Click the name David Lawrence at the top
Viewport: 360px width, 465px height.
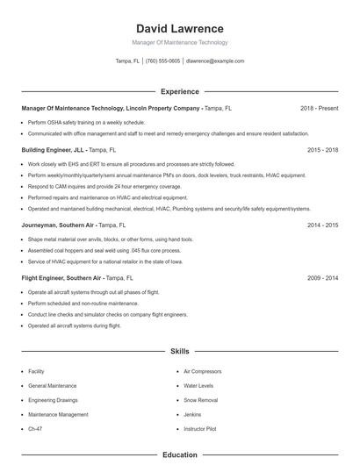pyautogui.click(x=179, y=29)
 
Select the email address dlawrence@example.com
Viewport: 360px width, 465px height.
pyautogui.click(x=215, y=61)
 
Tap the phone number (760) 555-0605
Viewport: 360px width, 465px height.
pyautogui.click(x=162, y=61)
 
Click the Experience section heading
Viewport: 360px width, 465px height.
pyautogui.click(x=179, y=91)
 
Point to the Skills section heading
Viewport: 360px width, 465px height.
pyautogui.click(x=179, y=351)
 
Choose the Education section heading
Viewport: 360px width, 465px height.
pyautogui.click(x=179, y=455)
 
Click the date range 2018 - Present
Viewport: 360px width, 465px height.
pyautogui.click(x=319, y=108)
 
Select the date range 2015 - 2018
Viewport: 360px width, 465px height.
pyautogui.click(x=322, y=150)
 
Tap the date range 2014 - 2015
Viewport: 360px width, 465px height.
pyautogui.click(x=322, y=225)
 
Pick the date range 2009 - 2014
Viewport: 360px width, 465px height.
pyautogui.click(x=322, y=277)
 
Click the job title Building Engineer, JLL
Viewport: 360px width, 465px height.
pyautogui.click(x=54, y=150)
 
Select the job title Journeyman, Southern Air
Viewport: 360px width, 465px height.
pyautogui.click(x=57, y=225)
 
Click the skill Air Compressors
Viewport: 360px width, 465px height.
pyautogui.click(x=202, y=372)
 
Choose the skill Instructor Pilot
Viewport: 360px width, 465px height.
pyautogui.click(x=200, y=429)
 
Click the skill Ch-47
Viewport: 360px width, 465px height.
pyautogui.click(x=35, y=429)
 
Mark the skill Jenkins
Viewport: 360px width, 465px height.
pyautogui.click(x=192, y=414)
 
